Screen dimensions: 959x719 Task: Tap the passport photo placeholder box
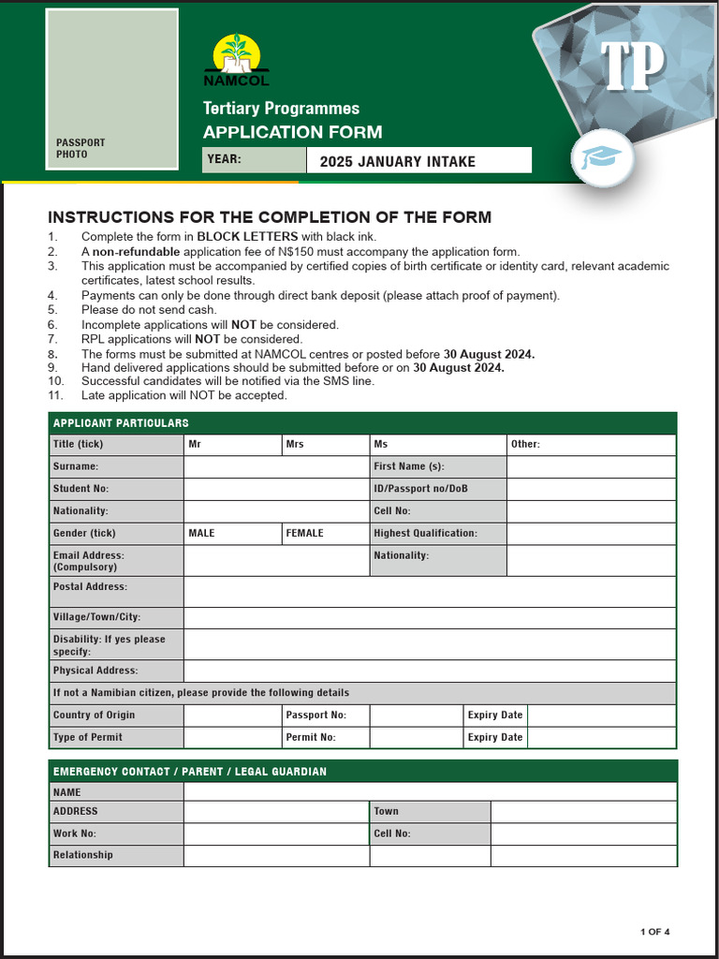click(x=111, y=89)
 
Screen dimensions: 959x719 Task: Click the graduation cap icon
click(x=602, y=157)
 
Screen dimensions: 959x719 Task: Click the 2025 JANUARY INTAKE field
click(x=418, y=161)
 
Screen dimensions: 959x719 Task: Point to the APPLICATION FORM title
click(x=292, y=132)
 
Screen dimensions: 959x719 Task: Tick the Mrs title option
click(x=326, y=444)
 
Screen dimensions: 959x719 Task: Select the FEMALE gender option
click(x=326, y=533)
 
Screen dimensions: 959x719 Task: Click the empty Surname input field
click(x=276, y=466)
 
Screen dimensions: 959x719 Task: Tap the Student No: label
click(x=81, y=489)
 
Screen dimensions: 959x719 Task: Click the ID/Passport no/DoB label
click(x=420, y=489)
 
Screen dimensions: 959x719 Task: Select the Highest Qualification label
click(x=425, y=533)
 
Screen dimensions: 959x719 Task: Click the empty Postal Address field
click(x=429, y=592)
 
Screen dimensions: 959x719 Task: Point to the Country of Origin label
click(x=94, y=715)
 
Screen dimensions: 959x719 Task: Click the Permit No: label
click(x=310, y=737)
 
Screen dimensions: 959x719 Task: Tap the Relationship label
click(x=82, y=855)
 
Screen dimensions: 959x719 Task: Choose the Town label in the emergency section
click(x=386, y=811)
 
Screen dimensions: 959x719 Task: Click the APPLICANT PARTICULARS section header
click(x=121, y=423)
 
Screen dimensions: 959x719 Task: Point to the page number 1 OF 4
click(x=654, y=932)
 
